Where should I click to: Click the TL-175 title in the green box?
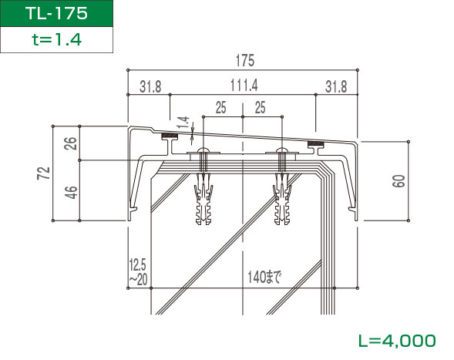56,13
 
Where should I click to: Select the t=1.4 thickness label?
56,39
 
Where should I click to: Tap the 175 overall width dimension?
245,61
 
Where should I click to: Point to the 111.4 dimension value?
244,86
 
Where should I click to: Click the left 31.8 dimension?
150,86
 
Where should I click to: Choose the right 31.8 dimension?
336,86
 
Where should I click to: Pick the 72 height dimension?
44,173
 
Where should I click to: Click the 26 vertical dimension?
71,143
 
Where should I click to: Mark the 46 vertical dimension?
71,192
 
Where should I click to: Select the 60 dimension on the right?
399,181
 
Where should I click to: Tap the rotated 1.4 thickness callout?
183,123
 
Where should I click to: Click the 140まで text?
264,278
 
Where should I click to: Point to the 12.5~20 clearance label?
138,272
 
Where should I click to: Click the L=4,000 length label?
397,341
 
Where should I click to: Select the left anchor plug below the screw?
203,199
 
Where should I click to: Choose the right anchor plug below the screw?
282,199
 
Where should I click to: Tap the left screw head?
203,150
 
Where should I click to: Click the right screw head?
281,150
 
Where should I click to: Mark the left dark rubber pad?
170,136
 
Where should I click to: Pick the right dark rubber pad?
316,143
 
